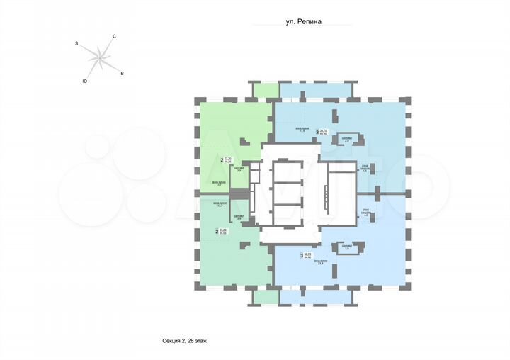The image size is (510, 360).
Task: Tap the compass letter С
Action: point(115,35)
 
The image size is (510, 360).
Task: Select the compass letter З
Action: point(76,44)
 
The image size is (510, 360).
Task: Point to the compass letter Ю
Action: point(85,81)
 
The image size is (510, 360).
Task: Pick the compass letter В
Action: point(123,73)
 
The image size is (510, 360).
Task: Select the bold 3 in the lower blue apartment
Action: point(302,257)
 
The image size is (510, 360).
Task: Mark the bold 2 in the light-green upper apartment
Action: point(222,161)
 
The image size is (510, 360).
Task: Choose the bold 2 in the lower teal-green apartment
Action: point(216,231)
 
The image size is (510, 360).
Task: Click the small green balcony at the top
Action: point(266,90)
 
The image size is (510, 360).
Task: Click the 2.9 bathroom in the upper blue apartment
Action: point(346,140)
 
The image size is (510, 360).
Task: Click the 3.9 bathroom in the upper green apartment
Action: point(240,170)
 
